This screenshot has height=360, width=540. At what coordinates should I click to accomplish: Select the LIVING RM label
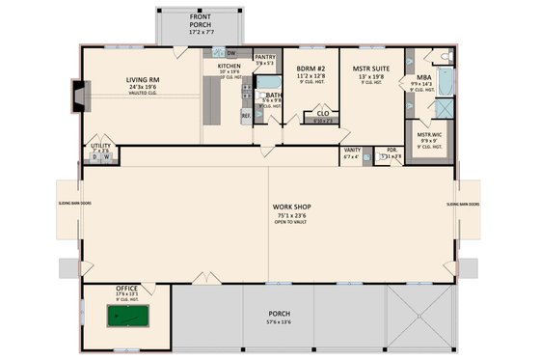coord(142,81)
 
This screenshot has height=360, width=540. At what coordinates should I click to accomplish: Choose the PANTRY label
coord(265,57)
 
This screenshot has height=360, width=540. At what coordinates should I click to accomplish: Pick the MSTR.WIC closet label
coord(429,134)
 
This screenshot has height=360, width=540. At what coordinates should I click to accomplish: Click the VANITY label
coord(352,151)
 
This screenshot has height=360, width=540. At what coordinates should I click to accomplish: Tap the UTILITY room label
coord(100,146)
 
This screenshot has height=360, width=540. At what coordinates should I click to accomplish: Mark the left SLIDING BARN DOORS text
coord(73,205)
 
